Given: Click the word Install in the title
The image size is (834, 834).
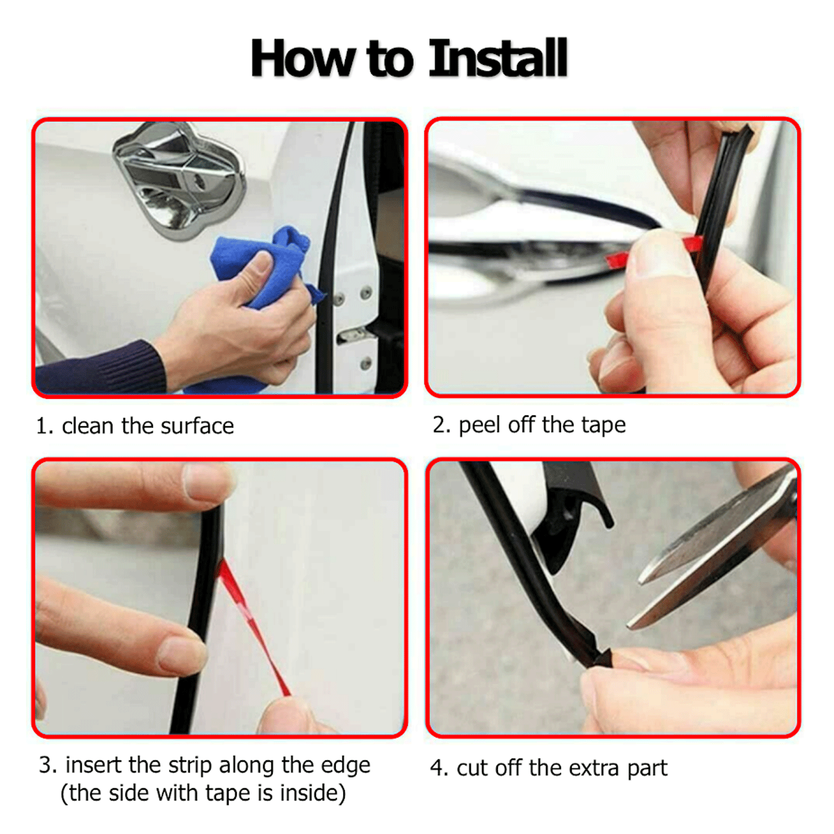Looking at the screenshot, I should pyautogui.click(x=498, y=59).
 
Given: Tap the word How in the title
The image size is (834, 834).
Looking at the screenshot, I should pyautogui.click(x=302, y=59).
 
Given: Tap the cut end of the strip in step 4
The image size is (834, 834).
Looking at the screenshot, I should pyautogui.click(x=599, y=659).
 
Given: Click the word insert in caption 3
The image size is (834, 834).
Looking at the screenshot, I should pyautogui.click(x=94, y=765).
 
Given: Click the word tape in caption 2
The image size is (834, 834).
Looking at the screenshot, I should pyautogui.click(x=603, y=425).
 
